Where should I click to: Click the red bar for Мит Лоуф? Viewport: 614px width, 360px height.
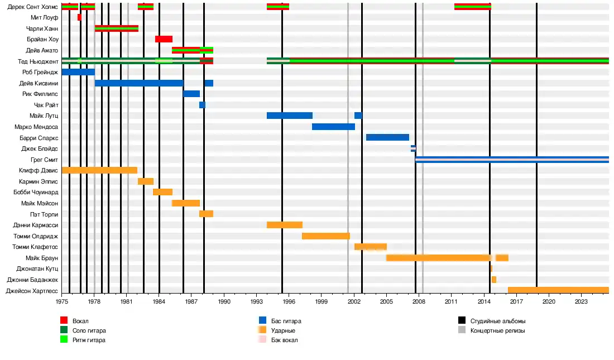click(79, 17)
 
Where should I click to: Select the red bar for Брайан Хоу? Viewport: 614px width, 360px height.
click(164, 39)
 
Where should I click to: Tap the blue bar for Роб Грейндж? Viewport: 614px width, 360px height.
click(78, 72)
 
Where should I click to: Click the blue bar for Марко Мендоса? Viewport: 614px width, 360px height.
click(333, 127)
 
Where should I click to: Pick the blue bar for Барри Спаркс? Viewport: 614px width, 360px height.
click(387, 137)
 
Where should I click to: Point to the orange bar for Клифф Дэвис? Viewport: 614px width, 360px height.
click(99, 170)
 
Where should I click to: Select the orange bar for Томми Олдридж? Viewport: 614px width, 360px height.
click(326, 236)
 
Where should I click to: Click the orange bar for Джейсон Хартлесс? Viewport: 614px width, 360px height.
click(558, 290)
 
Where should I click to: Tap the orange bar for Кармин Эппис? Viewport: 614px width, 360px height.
click(146, 181)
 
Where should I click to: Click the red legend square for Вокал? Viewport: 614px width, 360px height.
click(64, 320)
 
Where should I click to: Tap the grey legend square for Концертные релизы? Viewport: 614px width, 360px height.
click(462, 330)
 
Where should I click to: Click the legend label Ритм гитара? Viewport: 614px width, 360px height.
click(89, 340)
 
